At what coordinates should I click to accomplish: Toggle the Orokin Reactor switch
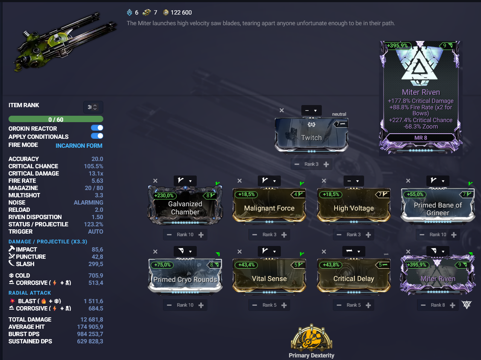(97, 128)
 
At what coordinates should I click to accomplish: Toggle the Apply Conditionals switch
(97, 136)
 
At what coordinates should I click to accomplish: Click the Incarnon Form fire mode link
(79, 146)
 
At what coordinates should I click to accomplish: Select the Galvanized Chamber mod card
(185, 205)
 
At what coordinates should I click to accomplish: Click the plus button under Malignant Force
(284, 234)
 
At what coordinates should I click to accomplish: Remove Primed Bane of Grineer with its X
(408, 181)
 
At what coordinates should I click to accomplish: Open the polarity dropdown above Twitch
(311, 111)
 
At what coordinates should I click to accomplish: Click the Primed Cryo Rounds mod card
(185, 275)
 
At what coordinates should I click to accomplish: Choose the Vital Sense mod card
(269, 275)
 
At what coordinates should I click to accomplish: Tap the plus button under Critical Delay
(368, 305)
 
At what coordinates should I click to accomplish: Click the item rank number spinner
(93, 107)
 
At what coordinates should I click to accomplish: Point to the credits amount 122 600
(181, 12)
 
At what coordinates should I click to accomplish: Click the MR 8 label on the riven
(421, 138)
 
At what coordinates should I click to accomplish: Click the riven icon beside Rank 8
(466, 305)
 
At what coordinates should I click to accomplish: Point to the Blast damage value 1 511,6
(93, 301)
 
